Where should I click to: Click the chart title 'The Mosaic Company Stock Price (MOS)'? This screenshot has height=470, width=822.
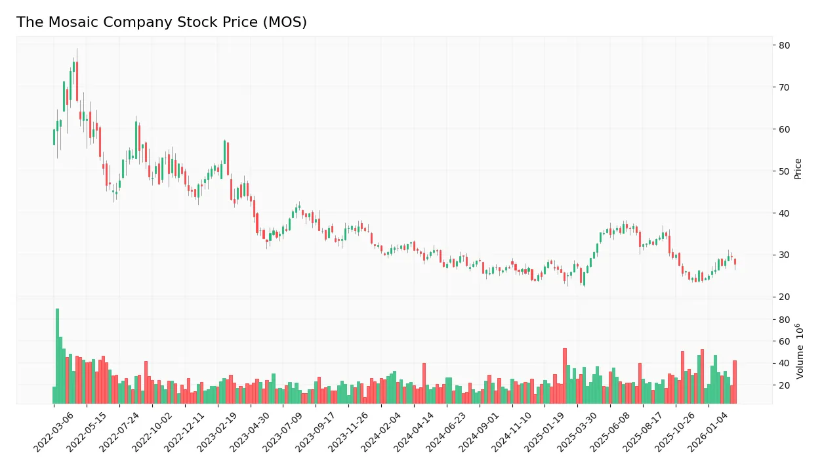pos(161,22)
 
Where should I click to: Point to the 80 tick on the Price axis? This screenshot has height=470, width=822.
pos(785,45)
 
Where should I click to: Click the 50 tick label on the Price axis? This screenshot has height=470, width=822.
pos(785,171)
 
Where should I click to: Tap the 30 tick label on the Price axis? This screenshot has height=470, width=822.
pos(785,255)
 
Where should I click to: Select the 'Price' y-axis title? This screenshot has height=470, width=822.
pos(798,168)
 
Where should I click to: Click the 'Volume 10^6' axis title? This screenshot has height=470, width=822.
pos(800,351)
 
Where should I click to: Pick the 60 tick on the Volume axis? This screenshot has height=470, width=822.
pos(785,341)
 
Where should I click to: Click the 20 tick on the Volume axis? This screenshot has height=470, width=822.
pos(785,385)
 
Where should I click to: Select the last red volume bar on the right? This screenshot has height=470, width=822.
pos(735,382)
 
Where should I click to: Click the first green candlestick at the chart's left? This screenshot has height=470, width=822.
pos(54,137)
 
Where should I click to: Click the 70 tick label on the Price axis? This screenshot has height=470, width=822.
pos(785,87)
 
